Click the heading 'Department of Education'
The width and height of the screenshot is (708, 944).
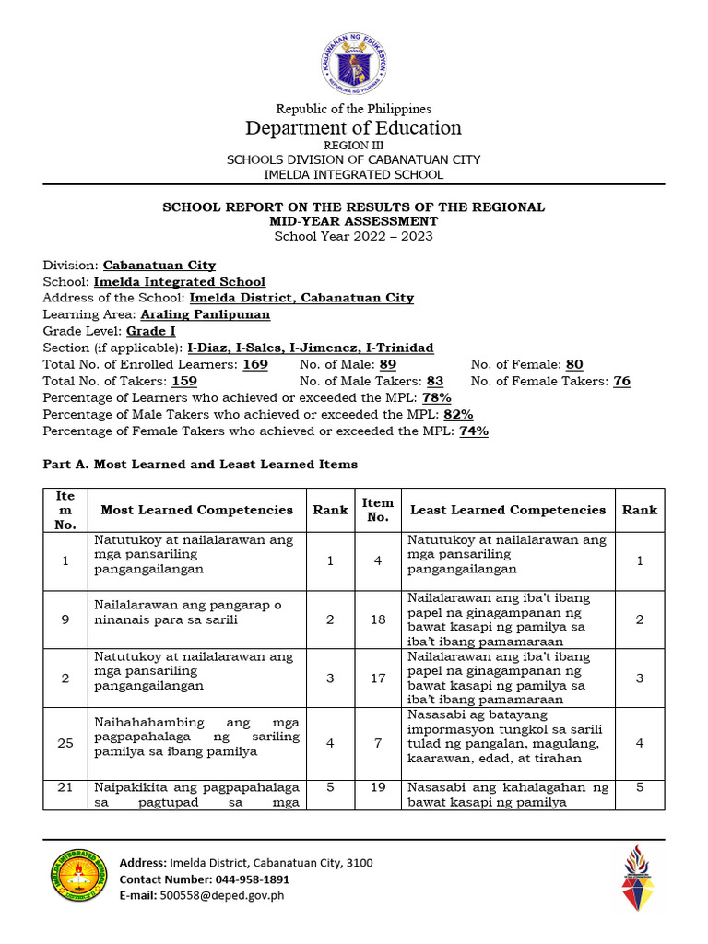353,127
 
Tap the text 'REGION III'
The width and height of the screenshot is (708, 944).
353,146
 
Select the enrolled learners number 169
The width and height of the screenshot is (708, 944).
255,365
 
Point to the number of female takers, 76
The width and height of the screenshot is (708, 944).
621,382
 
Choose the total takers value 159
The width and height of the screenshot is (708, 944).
183,382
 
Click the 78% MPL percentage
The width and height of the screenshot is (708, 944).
436,398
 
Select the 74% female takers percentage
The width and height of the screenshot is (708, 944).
474,431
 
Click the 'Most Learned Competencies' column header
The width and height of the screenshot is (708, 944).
196,510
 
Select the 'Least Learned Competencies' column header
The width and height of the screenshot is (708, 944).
508,510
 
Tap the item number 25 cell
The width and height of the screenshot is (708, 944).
65,743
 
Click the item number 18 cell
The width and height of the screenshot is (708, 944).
378,619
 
